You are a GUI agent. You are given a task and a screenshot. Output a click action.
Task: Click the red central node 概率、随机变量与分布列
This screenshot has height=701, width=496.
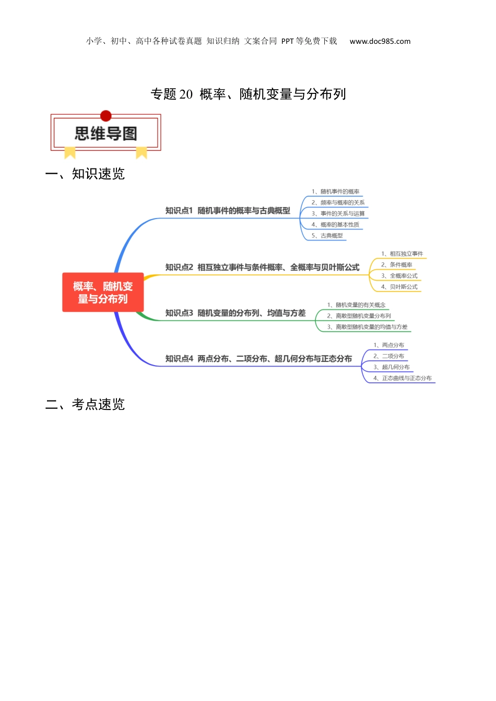click(x=103, y=292)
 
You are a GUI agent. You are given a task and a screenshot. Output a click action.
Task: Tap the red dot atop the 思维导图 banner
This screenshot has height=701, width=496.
click(x=106, y=116)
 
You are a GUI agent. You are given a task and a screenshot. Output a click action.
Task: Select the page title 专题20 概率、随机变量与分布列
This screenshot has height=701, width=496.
click(x=248, y=94)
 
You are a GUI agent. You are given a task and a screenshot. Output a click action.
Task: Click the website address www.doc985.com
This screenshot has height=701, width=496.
click(x=380, y=41)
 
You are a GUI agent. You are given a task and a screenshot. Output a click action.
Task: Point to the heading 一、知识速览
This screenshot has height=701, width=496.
click(x=85, y=174)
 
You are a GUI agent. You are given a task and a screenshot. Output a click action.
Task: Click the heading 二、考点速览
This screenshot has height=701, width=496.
click(x=85, y=404)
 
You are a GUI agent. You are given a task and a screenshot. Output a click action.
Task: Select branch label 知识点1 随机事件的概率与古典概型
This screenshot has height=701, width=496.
click(x=228, y=211)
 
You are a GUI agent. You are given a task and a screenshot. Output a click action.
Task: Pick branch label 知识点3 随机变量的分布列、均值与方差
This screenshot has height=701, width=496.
click(x=235, y=313)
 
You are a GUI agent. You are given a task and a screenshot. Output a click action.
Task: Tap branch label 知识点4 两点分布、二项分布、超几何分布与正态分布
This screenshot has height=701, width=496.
click(x=258, y=359)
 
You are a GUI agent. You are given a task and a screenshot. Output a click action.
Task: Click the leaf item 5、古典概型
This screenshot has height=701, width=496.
click(x=327, y=236)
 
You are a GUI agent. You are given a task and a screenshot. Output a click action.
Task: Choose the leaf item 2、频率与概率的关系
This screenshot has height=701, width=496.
click(x=338, y=202)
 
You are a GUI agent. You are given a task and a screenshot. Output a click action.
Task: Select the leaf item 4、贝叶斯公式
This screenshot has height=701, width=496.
click(x=399, y=287)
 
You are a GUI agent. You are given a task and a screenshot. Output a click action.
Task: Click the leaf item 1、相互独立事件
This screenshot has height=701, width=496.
click(x=402, y=253)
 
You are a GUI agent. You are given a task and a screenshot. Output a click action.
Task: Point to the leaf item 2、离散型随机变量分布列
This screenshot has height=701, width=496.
click(x=359, y=316)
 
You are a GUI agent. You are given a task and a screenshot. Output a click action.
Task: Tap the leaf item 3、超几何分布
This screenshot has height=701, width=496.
click(x=392, y=367)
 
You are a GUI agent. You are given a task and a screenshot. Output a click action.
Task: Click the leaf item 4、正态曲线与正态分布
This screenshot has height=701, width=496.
click(x=403, y=378)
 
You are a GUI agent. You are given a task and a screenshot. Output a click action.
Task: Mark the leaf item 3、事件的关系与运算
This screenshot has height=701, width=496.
click(x=338, y=213)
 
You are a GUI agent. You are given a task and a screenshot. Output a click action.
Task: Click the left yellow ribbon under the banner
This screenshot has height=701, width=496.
click(x=70, y=152)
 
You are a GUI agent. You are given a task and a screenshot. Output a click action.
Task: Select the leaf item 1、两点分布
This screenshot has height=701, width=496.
click(x=388, y=345)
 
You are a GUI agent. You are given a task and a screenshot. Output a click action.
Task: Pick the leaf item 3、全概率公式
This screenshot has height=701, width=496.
click(x=399, y=276)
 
